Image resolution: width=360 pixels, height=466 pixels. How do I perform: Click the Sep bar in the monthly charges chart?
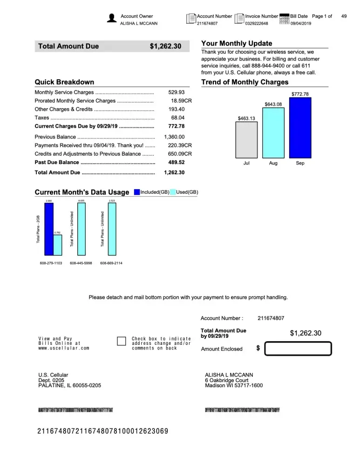tap(300, 128)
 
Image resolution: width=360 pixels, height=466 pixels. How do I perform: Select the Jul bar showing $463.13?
tap(246, 140)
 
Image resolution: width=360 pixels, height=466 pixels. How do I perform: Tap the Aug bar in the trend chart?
tap(273, 133)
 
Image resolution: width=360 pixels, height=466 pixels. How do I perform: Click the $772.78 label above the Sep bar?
tap(300, 94)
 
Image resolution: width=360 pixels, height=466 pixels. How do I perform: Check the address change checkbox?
tap(122, 342)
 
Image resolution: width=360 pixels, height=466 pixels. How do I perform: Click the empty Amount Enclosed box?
tap(298, 349)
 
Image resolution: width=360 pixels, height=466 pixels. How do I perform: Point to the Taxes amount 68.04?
tap(178, 118)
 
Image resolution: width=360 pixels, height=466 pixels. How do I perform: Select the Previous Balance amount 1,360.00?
tap(175, 137)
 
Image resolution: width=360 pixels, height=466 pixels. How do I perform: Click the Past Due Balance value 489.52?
tap(177, 162)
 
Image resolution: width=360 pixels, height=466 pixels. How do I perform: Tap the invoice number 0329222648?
tap(257, 23)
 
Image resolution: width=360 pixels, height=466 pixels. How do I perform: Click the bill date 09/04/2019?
tap(300, 23)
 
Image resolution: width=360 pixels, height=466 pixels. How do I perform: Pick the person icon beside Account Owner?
tap(112, 18)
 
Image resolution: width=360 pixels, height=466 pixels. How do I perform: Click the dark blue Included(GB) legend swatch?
tap(136, 192)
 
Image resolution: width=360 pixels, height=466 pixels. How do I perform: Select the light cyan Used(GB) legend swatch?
tap(173, 192)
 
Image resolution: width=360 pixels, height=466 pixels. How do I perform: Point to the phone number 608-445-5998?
tap(81, 263)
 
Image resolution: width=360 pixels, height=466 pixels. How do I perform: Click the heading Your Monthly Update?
tap(237, 43)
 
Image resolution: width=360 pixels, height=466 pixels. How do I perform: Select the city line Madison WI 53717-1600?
tap(234, 385)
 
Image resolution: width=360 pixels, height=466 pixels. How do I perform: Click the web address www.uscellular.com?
tap(64, 348)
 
